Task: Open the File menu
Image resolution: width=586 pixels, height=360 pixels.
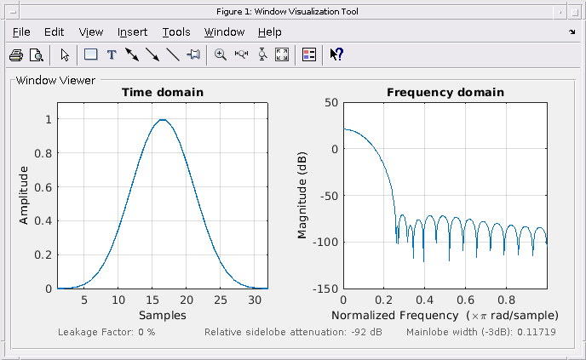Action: pyautogui.click(x=21, y=32)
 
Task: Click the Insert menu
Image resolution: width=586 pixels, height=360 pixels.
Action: pyautogui.click(x=132, y=32)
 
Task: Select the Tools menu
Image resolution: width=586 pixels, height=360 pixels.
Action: pyautogui.click(x=176, y=32)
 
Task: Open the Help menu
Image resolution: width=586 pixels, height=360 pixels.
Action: pyautogui.click(x=269, y=32)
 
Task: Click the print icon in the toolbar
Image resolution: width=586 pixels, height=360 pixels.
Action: pyautogui.click(x=16, y=55)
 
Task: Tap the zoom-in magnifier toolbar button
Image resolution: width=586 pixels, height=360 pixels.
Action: pyautogui.click(x=221, y=55)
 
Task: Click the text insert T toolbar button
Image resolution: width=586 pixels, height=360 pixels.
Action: pyautogui.click(x=111, y=55)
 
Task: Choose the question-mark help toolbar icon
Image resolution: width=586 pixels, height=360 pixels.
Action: pyautogui.click(x=336, y=55)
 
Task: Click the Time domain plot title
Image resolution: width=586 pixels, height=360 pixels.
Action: pyautogui.click(x=162, y=92)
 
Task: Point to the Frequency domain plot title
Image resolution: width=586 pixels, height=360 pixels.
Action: pyautogui.click(x=445, y=92)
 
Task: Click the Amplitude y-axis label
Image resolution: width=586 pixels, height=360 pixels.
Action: pyautogui.click(x=24, y=195)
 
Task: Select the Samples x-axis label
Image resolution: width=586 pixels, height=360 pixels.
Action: pyautogui.click(x=162, y=315)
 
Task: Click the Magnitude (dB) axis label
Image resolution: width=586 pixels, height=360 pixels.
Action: pyautogui.click(x=302, y=195)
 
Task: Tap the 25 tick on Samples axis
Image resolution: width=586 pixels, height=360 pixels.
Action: pyautogui.click(x=221, y=300)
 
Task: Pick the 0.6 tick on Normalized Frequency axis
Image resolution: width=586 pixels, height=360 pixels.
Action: pyautogui.click(x=465, y=300)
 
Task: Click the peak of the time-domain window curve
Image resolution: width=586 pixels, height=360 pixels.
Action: pyautogui.click(x=162, y=120)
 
